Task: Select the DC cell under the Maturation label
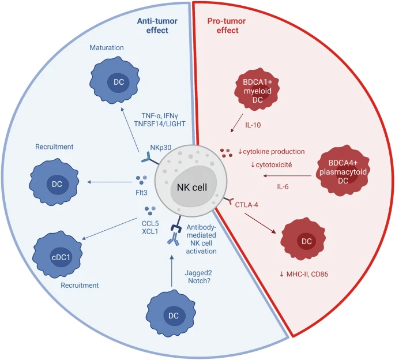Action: point(118,82)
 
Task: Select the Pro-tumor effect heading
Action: point(225,25)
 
